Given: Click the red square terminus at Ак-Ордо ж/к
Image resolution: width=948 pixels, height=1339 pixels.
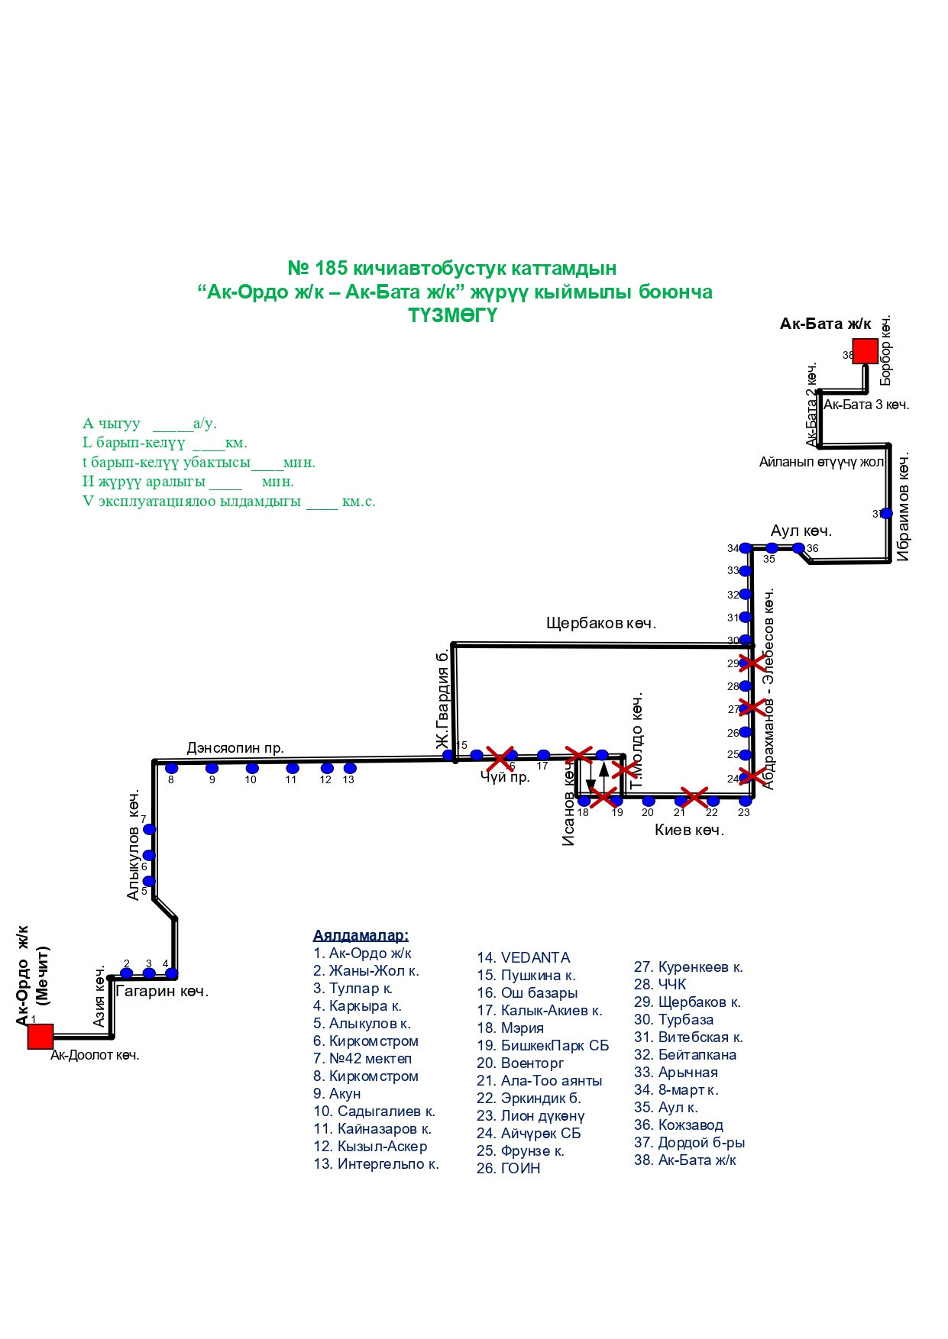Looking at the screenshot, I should coord(40,1037).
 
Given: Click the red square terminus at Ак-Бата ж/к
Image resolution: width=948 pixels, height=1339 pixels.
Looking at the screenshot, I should coord(865,351).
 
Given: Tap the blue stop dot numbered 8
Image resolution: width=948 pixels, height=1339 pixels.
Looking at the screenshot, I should coord(172,768).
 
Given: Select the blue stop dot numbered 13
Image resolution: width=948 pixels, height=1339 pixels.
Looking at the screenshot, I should coord(350,768).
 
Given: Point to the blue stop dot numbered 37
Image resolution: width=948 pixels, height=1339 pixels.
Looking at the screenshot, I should coord(886,514).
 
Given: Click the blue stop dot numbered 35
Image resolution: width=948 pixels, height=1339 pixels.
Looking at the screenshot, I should coord(772,548).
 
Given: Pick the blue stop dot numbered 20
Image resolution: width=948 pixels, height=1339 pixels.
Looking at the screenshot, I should coord(649,801).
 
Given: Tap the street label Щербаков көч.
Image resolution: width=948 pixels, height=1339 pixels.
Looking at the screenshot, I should coord(601,623).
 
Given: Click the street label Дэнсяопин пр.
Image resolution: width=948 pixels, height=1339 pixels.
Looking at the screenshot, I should coord(235,748).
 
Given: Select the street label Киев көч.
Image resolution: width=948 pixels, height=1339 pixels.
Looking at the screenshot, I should coord(689,830).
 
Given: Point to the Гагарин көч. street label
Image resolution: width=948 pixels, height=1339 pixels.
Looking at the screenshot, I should coord(162,991).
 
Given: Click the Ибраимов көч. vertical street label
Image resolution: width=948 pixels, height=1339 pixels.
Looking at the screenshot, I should coord(903,508).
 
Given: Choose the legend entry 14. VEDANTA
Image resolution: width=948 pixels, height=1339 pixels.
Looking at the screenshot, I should coord(523,957).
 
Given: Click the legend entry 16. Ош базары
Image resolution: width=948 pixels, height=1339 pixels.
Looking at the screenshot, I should coord(527,992).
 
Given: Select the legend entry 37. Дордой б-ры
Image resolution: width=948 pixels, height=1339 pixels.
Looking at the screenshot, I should coord(689,1142).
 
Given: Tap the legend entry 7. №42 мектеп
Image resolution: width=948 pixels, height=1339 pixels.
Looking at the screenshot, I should coord(362,1058).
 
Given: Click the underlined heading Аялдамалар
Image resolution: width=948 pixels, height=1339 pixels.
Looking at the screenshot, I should coord(361,935).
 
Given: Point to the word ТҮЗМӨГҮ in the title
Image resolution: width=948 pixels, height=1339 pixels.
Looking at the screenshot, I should coord(452,315).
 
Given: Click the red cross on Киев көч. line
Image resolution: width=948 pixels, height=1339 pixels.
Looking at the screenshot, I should coord(694,798).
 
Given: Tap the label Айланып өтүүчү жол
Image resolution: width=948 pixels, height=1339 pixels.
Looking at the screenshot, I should coord(821,462).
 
